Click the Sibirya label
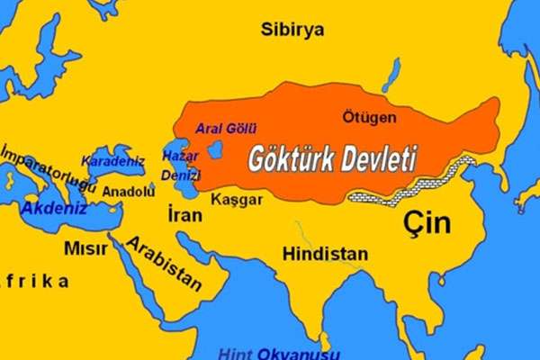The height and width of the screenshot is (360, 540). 293,29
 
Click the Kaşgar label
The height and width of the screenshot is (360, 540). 238,200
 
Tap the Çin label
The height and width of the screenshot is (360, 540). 427,223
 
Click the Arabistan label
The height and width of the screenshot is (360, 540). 163,264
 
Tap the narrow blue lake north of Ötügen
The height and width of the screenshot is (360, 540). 391,76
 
